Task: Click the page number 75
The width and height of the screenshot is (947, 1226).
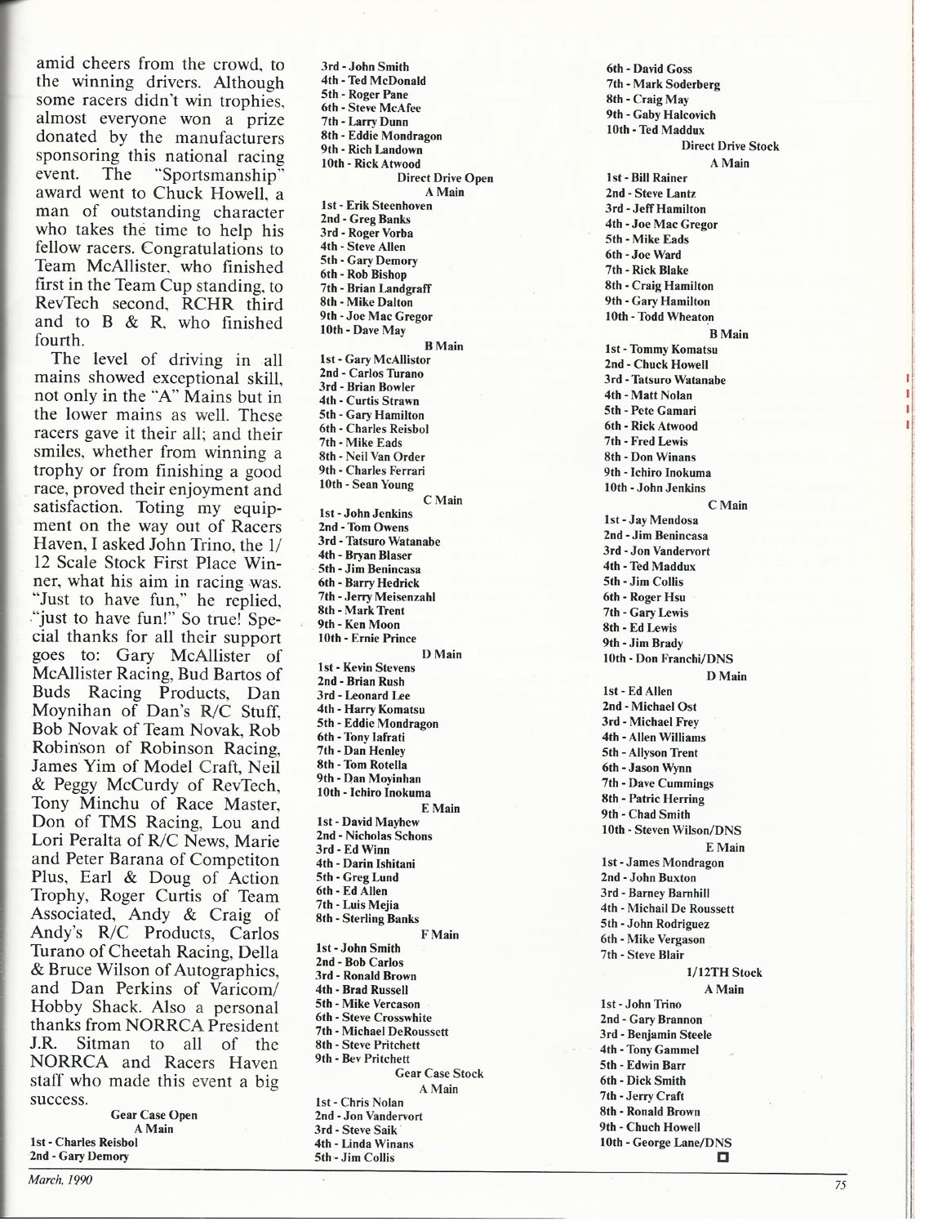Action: (840, 1187)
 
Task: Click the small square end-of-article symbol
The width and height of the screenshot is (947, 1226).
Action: (722, 1157)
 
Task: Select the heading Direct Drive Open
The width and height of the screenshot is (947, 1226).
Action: (444, 178)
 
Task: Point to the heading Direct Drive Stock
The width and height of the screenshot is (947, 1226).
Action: (730, 146)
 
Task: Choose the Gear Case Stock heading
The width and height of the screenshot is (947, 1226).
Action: (439, 1073)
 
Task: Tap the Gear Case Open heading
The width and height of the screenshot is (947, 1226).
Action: (153, 1115)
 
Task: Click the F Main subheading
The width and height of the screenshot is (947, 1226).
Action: (439, 934)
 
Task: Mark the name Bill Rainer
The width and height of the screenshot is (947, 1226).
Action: (657, 178)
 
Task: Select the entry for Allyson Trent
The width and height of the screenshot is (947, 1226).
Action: (666, 752)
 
